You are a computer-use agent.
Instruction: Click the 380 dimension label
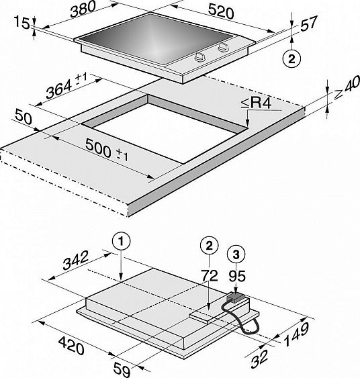[83, 9]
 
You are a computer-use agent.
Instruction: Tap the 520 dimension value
[221, 12]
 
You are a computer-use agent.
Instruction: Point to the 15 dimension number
[21, 23]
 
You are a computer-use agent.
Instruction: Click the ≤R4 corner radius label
[256, 103]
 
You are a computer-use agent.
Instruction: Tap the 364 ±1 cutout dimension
[66, 86]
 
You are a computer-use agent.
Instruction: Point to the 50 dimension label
[23, 117]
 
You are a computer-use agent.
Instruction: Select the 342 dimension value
[75, 261]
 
